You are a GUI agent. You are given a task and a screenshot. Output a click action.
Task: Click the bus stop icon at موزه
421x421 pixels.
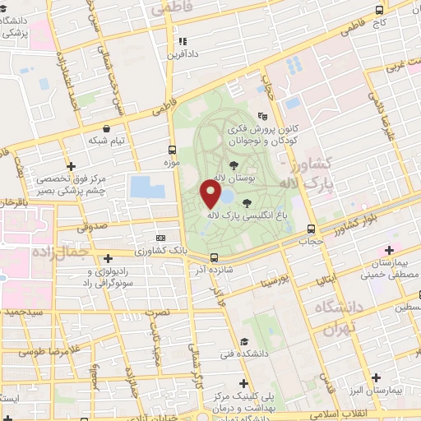tap(173, 150)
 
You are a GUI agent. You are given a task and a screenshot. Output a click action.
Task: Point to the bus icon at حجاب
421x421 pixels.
tap(311, 229)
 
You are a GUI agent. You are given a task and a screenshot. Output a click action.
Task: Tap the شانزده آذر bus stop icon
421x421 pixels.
tap(214, 257)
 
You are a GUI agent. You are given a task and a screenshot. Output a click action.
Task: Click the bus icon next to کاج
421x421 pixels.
tap(378, 11)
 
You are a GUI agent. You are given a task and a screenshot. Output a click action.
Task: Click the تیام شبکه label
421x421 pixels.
tap(108, 140)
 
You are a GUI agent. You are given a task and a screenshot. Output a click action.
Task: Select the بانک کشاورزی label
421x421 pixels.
tap(161, 250)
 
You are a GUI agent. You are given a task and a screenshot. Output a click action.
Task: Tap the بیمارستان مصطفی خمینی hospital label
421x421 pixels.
tap(389, 267)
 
